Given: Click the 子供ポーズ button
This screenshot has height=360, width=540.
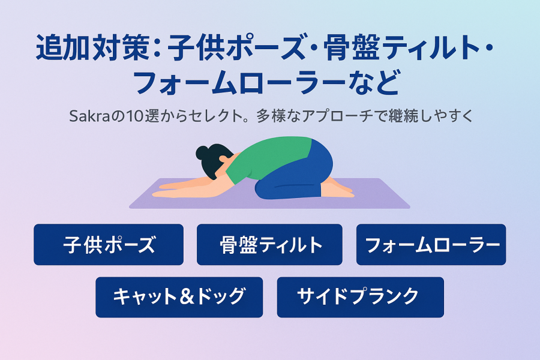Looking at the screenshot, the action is pos(109,245).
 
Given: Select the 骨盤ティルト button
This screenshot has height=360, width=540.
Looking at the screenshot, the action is pos(269,245).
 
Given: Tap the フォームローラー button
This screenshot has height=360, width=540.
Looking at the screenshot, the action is pos(431,245).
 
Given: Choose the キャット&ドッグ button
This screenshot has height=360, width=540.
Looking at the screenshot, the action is pos(179,297).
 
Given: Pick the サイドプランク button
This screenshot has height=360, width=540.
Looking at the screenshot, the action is pos(360,297).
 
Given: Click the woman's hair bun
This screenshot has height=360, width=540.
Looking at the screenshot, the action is pos(203,152).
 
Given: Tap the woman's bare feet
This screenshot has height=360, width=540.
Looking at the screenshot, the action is pos(338,189).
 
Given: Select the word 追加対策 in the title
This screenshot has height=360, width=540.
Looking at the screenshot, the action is pos(92,47).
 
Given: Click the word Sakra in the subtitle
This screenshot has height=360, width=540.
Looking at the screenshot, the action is pos(89,116).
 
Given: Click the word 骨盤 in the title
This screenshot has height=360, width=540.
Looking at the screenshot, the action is pos(351,47).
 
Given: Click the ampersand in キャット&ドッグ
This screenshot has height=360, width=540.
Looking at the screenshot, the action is pos(187,296).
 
